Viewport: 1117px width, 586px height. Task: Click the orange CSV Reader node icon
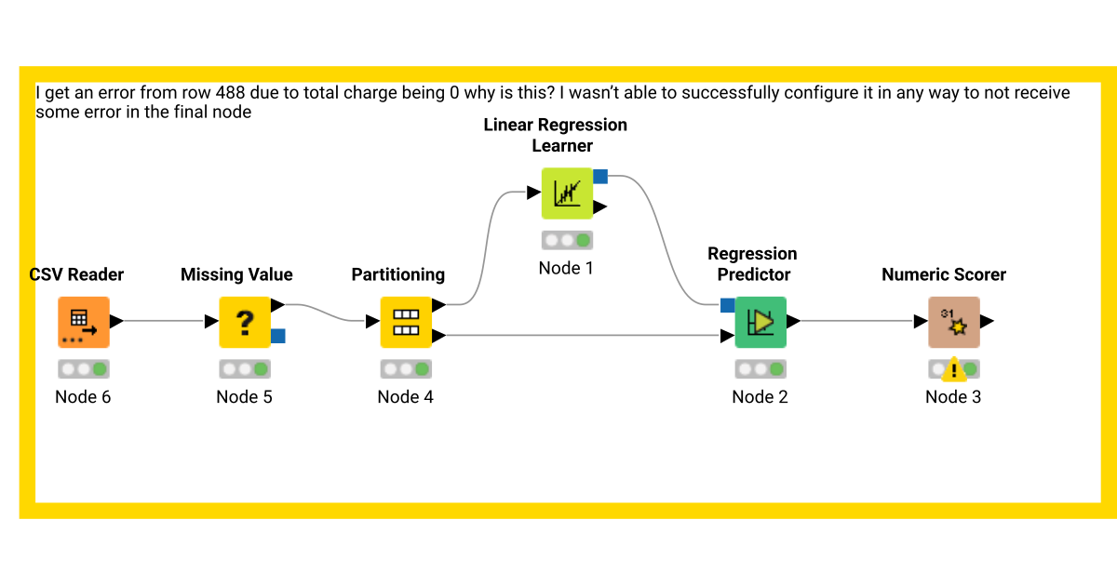[x=84, y=322]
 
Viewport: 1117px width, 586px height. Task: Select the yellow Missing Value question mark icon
[x=245, y=322]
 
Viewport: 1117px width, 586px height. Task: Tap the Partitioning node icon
[x=406, y=322]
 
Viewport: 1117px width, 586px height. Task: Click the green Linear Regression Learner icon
[x=567, y=193]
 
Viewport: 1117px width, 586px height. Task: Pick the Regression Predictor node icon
[x=760, y=322]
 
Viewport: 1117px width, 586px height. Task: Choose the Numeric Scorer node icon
[x=953, y=322]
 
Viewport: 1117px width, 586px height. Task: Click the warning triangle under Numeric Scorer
[x=953, y=371]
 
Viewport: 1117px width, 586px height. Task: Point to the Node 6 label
[x=83, y=397]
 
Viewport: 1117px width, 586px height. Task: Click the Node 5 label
[x=244, y=397]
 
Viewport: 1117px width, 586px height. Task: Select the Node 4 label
[x=405, y=397]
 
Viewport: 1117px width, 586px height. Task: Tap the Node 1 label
[x=566, y=268]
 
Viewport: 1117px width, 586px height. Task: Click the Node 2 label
[x=760, y=397]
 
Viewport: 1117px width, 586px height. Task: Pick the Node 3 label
[x=953, y=397]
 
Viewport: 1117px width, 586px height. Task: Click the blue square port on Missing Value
[x=278, y=336]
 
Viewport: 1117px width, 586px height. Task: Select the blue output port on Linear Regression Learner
[x=600, y=176]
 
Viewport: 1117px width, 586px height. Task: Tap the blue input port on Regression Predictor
[x=727, y=305]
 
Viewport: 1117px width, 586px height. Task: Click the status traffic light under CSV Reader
[x=84, y=369]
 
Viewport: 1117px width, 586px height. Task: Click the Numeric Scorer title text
[x=944, y=274]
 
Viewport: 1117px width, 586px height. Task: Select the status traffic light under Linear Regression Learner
[x=567, y=240]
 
